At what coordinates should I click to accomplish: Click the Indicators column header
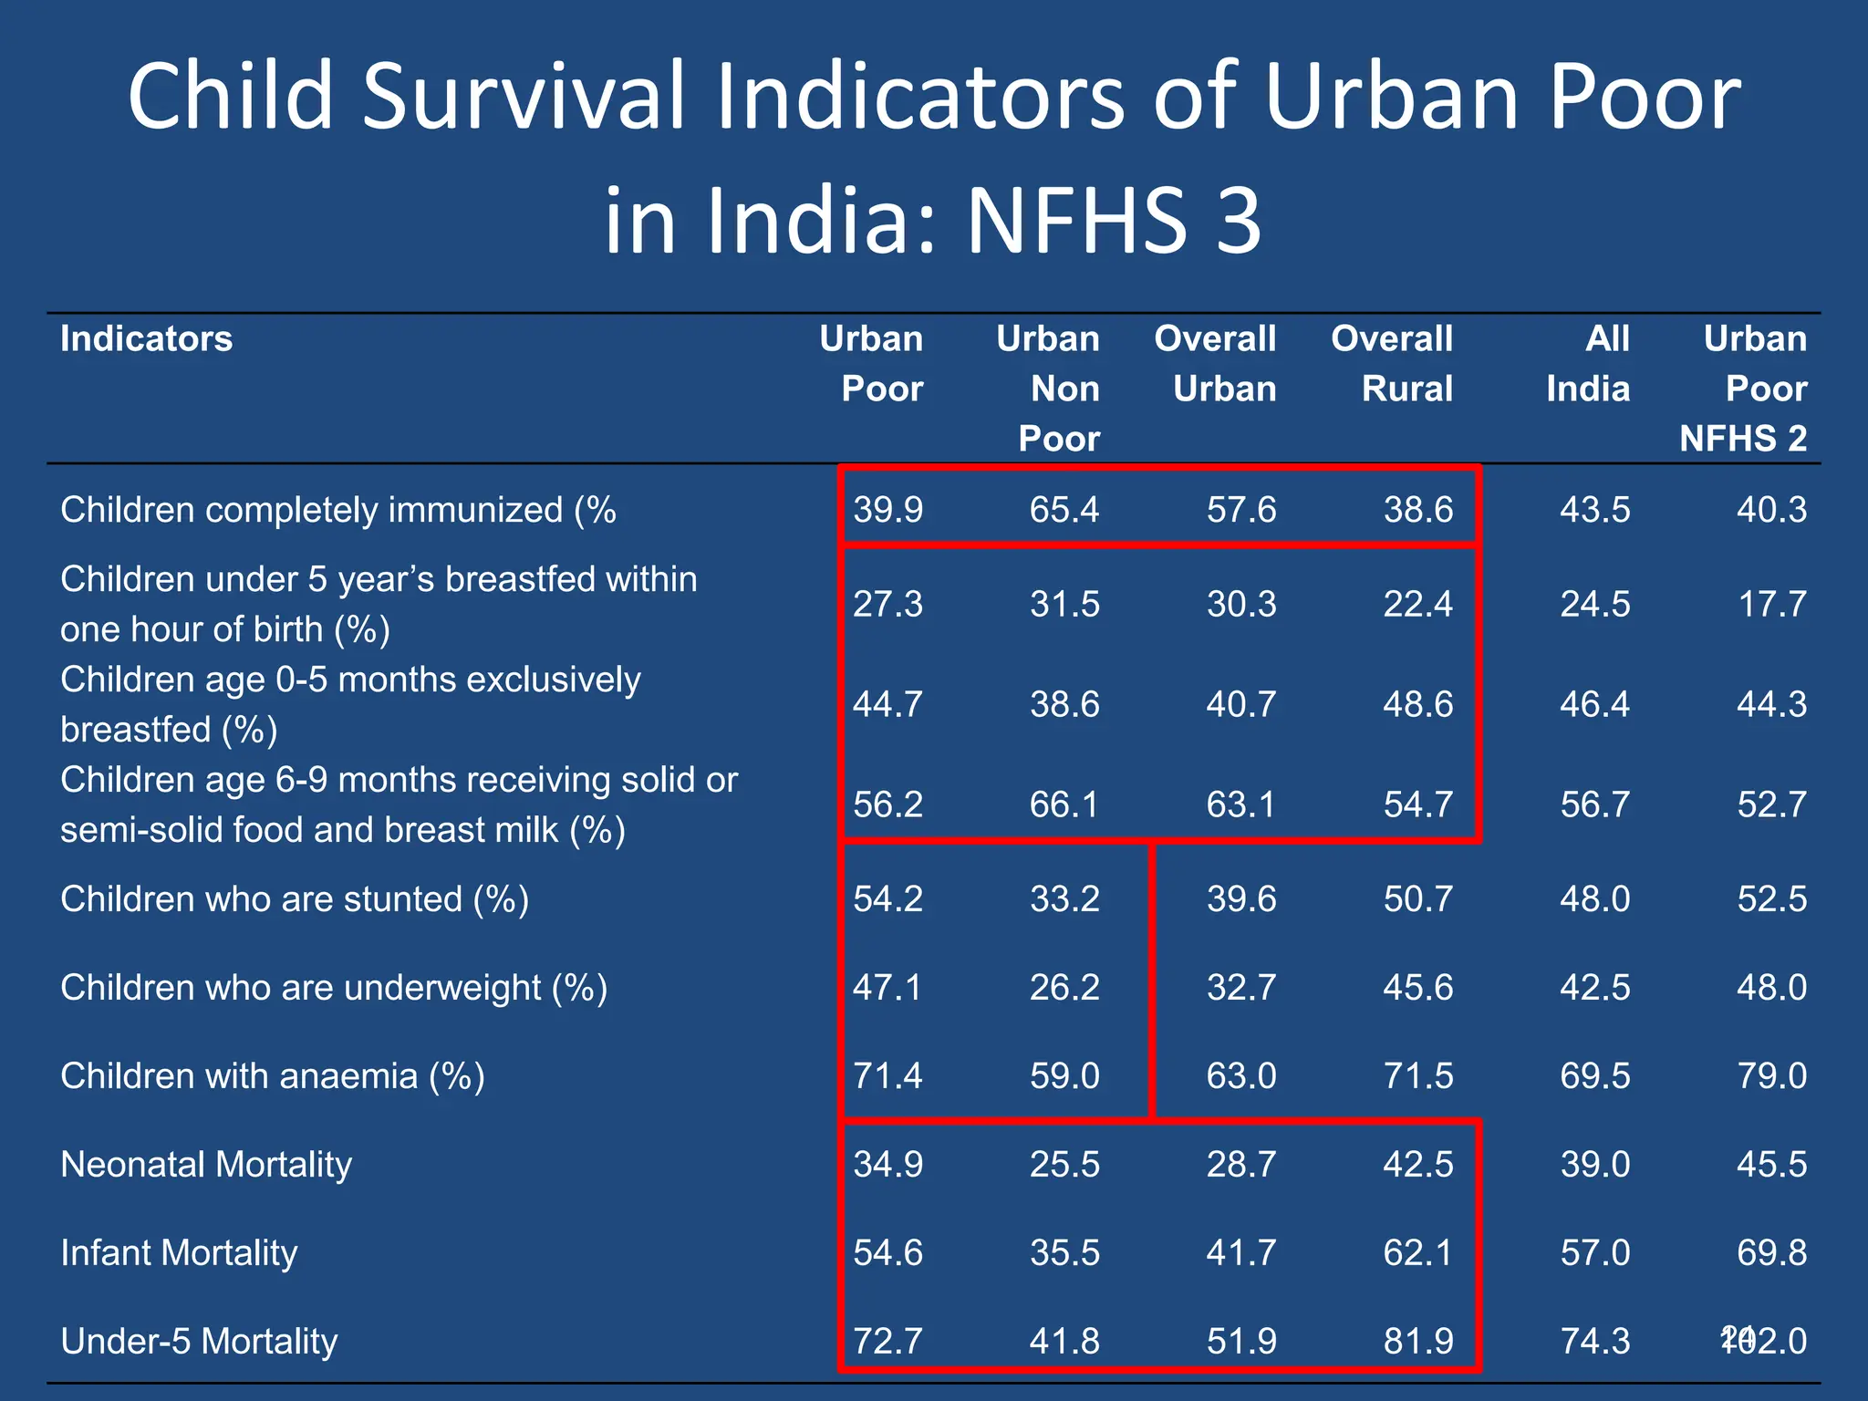(146, 339)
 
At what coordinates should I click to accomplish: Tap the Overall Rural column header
(1392, 364)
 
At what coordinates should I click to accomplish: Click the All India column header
(1589, 364)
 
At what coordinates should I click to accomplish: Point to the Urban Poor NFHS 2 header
(1744, 389)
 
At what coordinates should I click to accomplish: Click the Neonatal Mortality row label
(206, 1165)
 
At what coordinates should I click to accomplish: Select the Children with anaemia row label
(272, 1076)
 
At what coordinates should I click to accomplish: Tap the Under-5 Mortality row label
(199, 1342)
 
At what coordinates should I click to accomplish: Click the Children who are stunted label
(294, 899)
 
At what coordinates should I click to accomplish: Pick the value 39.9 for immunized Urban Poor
(887, 510)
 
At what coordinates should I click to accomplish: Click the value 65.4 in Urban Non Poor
(1064, 510)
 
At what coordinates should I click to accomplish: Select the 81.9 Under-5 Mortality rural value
(1418, 1342)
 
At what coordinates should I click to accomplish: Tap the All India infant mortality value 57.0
(1595, 1253)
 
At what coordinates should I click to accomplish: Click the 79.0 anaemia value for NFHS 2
(1771, 1076)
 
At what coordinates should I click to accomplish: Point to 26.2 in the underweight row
(1064, 988)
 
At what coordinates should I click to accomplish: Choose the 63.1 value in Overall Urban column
(1241, 804)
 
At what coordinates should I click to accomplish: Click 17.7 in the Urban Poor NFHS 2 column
(1771, 604)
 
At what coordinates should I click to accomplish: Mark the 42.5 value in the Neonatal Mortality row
(1418, 1165)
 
